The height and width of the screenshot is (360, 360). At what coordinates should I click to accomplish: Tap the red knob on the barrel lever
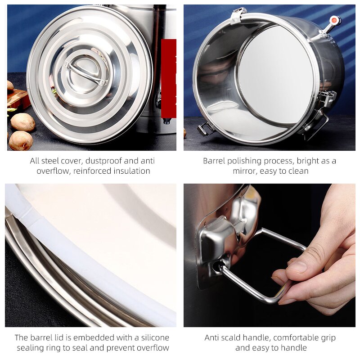click(x=334, y=20)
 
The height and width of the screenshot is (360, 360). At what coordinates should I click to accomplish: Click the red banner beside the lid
click(x=169, y=72)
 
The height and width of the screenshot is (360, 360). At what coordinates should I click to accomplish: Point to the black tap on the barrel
click(x=166, y=121)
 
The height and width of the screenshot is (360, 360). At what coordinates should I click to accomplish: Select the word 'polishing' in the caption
click(x=243, y=161)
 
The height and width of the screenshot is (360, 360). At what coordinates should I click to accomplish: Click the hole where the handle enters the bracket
click(x=217, y=267)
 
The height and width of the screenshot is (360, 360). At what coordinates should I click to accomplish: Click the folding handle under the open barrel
click(x=206, y=129)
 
